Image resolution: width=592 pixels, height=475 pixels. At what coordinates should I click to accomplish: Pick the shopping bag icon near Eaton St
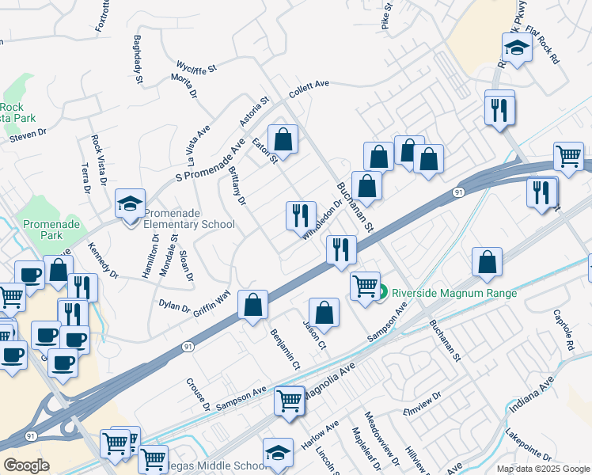point(283,140)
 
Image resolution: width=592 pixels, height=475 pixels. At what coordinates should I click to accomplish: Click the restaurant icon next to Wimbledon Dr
point(300,215)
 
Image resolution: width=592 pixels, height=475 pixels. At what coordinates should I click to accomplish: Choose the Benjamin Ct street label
point(285,349)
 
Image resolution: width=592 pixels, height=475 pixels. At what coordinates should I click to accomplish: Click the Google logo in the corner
point(27,465)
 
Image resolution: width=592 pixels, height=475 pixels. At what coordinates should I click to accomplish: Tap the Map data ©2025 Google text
point(543,469)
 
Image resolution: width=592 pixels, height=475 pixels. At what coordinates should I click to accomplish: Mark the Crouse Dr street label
point(197,393)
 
